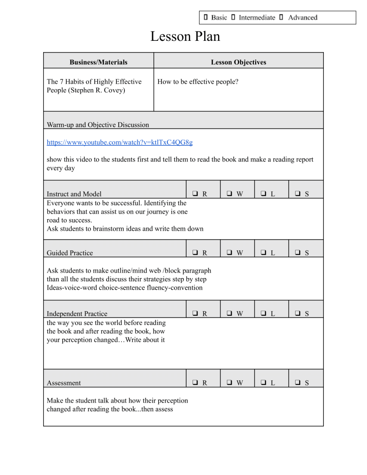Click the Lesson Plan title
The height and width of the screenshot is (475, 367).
click(185, 37)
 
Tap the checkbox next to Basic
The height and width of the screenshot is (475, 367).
click(206, 18)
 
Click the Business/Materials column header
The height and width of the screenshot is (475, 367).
click(98, 62)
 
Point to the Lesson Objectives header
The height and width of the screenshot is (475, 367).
click(238, 62)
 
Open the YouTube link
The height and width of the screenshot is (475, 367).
click(120, 142)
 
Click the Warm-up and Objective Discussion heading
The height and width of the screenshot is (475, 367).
click(98, 124)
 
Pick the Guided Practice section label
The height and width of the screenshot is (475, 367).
click(70, 253)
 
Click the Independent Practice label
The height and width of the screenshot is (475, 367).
click(77, 313)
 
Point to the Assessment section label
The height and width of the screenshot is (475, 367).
click(64, 383)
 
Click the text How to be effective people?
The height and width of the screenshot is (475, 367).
click(198, 82)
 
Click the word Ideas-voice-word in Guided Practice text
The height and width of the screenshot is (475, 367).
click(72, 288)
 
